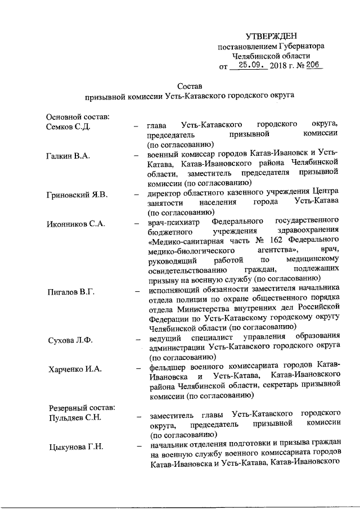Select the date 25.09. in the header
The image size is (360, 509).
tap(250, 65)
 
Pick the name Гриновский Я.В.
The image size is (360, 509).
tap(76, 195)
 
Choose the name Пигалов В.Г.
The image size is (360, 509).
tap(70, 292)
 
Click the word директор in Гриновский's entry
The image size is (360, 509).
tap(165, 195)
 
